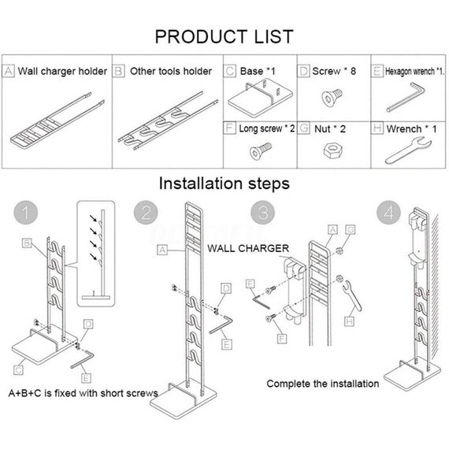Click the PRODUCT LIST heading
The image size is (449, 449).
pyautogui.click(x=224, y=36)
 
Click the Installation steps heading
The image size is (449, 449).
pyautogui.click(x=224, y=183)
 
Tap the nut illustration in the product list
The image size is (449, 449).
pyautogui.click(x=332, y=152)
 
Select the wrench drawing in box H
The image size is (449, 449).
pyautogui.click(x=406, y=150)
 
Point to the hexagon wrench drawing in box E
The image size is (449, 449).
pyautogui.click(x=405, y=101)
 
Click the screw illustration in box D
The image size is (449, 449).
pyautogui.click(x=332, y=99)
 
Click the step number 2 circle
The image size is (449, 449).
pyautogui.click(x=146, y=213)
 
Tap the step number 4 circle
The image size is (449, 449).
pyautogui.click(x=387, y=213)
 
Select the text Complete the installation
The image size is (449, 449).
pyautogui.click(x=322, y=384)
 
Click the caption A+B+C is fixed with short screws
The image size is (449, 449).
pyautogui.click(x=83, y=392)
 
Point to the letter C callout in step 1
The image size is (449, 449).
pyautogui.click(x=17, y=368)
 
